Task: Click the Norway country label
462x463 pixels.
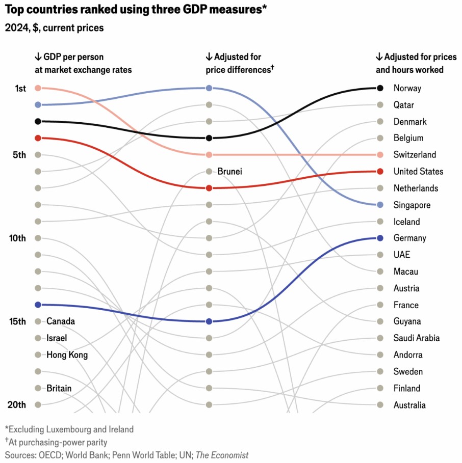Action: click(x=407, y=88)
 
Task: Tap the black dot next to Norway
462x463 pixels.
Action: click(x=379, y=88)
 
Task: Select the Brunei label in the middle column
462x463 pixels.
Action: click(x=229, y=172)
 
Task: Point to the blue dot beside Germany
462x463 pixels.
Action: click(x=379, y=238)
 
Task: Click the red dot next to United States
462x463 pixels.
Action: click(x=379, y=171)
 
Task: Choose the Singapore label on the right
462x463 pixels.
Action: click(x=412, y=205)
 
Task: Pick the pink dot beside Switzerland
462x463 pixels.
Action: click(x=379, y=155)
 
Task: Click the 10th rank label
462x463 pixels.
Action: click(x=17, y=238)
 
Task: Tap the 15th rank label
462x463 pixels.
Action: click(x=17, y=321)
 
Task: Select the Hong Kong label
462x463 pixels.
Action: click(x=67, y=355)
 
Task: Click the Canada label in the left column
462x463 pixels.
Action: click(x=61, y=321)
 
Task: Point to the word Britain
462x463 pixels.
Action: click(x=59, y=388)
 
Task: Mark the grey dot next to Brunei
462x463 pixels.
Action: click(x=209, y=172)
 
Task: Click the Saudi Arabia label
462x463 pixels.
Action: click(x=416, y=338)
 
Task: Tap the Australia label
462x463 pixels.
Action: click(x=409, y=405)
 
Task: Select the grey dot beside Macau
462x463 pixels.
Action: click(x=379, y=271)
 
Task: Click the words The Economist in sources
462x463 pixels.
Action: click(x=222, y=455)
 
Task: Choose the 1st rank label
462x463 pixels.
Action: click(x=20, y=89)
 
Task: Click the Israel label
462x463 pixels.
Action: click(x=57, y=338)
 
